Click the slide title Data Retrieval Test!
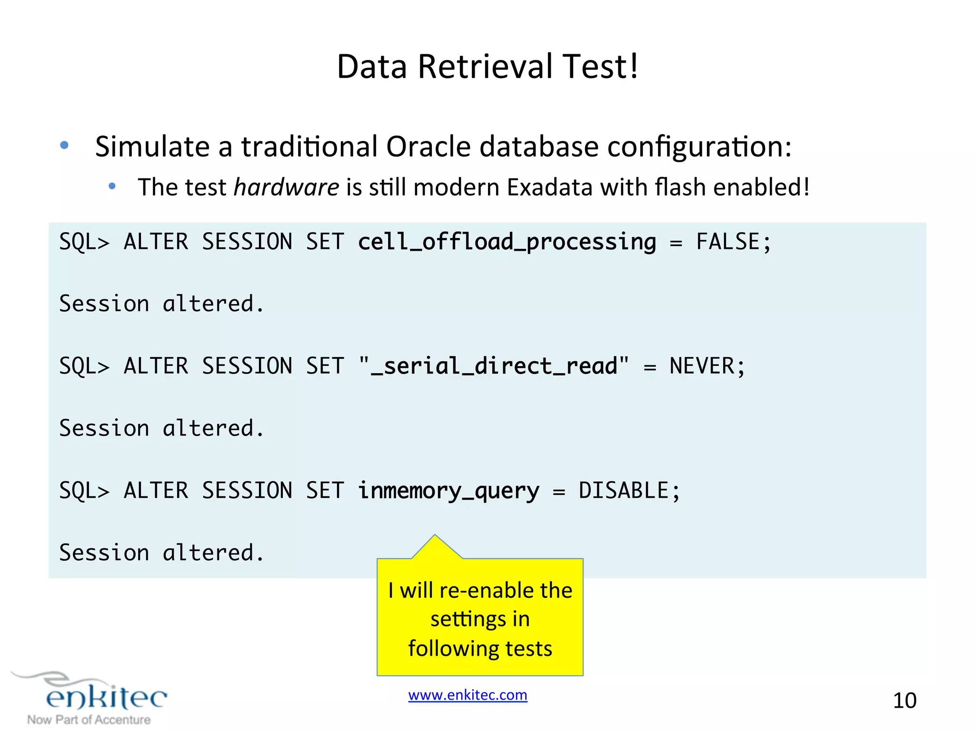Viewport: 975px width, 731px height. click(x=487, y=67)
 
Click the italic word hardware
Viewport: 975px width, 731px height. click(x=287, y=187)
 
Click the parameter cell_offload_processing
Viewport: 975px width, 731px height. click(x=507, y=242)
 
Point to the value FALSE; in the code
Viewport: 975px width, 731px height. click(x=733, y=242)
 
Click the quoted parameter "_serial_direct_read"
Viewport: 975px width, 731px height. click(x=494, y=366)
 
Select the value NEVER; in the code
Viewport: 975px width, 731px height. click(x=707, y=366)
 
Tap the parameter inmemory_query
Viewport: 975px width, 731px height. click(x=449, y=491)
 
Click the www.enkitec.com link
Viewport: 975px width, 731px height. click(x=468, y=695)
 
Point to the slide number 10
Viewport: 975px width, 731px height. click(x=905, y=701)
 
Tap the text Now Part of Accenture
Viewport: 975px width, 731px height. click(x=89, y=720)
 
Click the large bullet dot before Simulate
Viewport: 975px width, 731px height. click(x=65, y=145)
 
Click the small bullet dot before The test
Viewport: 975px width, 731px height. click(x=112, y=186)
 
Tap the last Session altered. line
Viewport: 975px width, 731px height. click(x=161, y=553)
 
